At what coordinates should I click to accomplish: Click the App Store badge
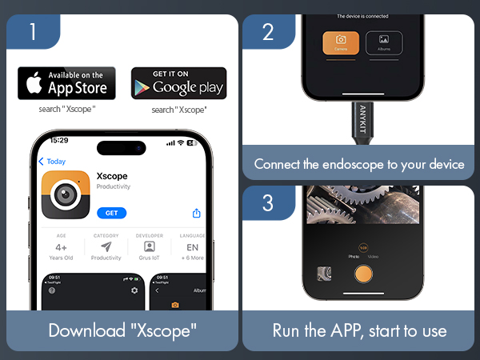(66, 83)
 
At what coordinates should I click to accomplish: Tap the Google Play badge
(178, 83)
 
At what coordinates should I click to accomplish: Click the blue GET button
(111, 213)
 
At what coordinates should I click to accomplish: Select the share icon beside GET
(196, 213)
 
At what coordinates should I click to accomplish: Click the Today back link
(53, 162)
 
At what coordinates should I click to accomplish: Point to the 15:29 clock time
(59, 140)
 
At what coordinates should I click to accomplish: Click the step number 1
(33, 32)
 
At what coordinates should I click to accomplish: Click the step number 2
(268, 32)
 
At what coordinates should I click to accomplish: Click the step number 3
(268, 203)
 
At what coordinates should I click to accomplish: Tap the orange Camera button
(341, 43)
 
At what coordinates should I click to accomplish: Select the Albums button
(384, 43)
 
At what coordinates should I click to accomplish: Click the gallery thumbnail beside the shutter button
(325, 274)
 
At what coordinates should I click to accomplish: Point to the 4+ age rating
(62, 248)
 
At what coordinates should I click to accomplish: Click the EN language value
(193, 248)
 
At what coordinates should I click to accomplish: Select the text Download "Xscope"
(122, 330)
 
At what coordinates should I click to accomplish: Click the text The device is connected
(363, 16)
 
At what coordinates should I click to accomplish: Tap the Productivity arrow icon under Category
(106, 247)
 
